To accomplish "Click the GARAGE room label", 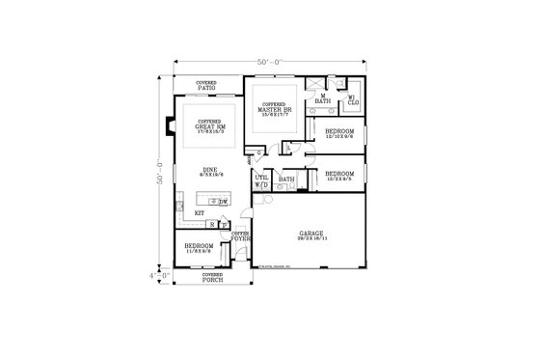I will [x=310, y=235].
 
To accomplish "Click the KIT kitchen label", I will [x=200, y=210].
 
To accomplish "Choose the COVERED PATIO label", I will [x=206, y=85].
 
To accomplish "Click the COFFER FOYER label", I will [x=241, y=236].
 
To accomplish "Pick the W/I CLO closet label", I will [x=352, y=98].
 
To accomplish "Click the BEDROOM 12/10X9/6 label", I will [x=340, y=132].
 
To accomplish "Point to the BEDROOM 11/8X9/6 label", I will [x=199, y=248].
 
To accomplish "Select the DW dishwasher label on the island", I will [x=223, y=202].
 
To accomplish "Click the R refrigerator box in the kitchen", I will [x=211, y=224].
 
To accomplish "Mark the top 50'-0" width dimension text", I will [x=270, y=62].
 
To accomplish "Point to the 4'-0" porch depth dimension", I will [x=157, y=274].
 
